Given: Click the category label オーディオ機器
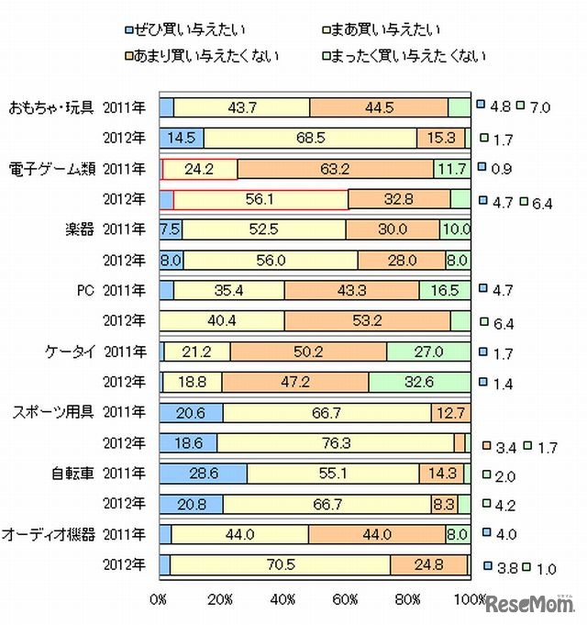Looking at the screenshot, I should coord(50,533).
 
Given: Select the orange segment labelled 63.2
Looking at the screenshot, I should coord(334,169).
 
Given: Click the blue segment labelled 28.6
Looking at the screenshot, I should coord(204,474).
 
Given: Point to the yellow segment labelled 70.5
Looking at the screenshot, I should coord(280,564).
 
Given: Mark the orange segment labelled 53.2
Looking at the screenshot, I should coord(367,321).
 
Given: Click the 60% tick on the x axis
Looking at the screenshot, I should coord(346,599).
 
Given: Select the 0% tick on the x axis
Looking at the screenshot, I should coord(159,599).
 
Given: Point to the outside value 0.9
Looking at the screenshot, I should coord(502,169).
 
